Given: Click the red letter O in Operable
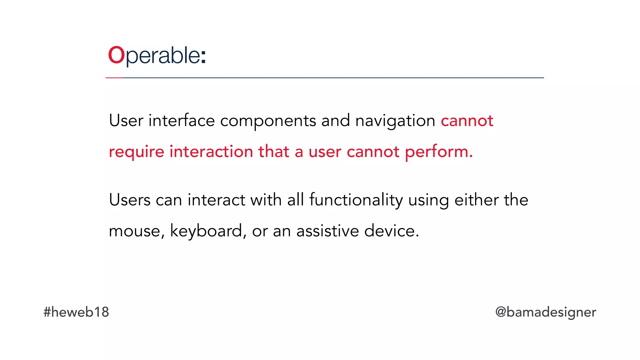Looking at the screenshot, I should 116,55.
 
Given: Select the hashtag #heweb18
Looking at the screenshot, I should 76,312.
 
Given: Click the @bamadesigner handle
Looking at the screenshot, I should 546,312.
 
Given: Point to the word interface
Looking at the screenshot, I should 182,121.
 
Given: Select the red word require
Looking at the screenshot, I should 137,152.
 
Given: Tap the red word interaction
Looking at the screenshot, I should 211,152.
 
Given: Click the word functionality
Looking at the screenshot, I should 356,200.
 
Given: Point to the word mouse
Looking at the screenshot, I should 134,232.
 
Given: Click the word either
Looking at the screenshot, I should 477,200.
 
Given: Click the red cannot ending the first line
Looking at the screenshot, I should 467,121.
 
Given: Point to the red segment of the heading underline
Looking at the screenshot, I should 114,78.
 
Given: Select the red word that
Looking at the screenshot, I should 274,152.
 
